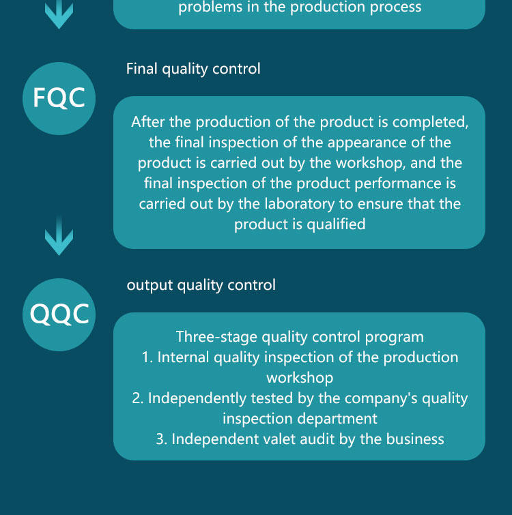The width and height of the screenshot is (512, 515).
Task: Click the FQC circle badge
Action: click(x=59, y=98)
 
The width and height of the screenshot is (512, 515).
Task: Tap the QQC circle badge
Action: click(x=59, y=314)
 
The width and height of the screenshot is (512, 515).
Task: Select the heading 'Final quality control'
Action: click(x=193, y=69)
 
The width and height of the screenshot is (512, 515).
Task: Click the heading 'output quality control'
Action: click(x=201, y=285)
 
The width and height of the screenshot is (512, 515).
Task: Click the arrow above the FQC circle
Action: click(x=59, y=14)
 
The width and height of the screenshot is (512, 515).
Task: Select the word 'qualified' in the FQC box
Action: click(x=335, y=224)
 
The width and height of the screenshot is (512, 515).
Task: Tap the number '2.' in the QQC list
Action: click(x=138, y=398)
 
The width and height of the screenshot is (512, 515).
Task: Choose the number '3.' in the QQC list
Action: click(x=162, y=439)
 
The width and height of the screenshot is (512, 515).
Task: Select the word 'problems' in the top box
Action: click(x=208, y=8)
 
